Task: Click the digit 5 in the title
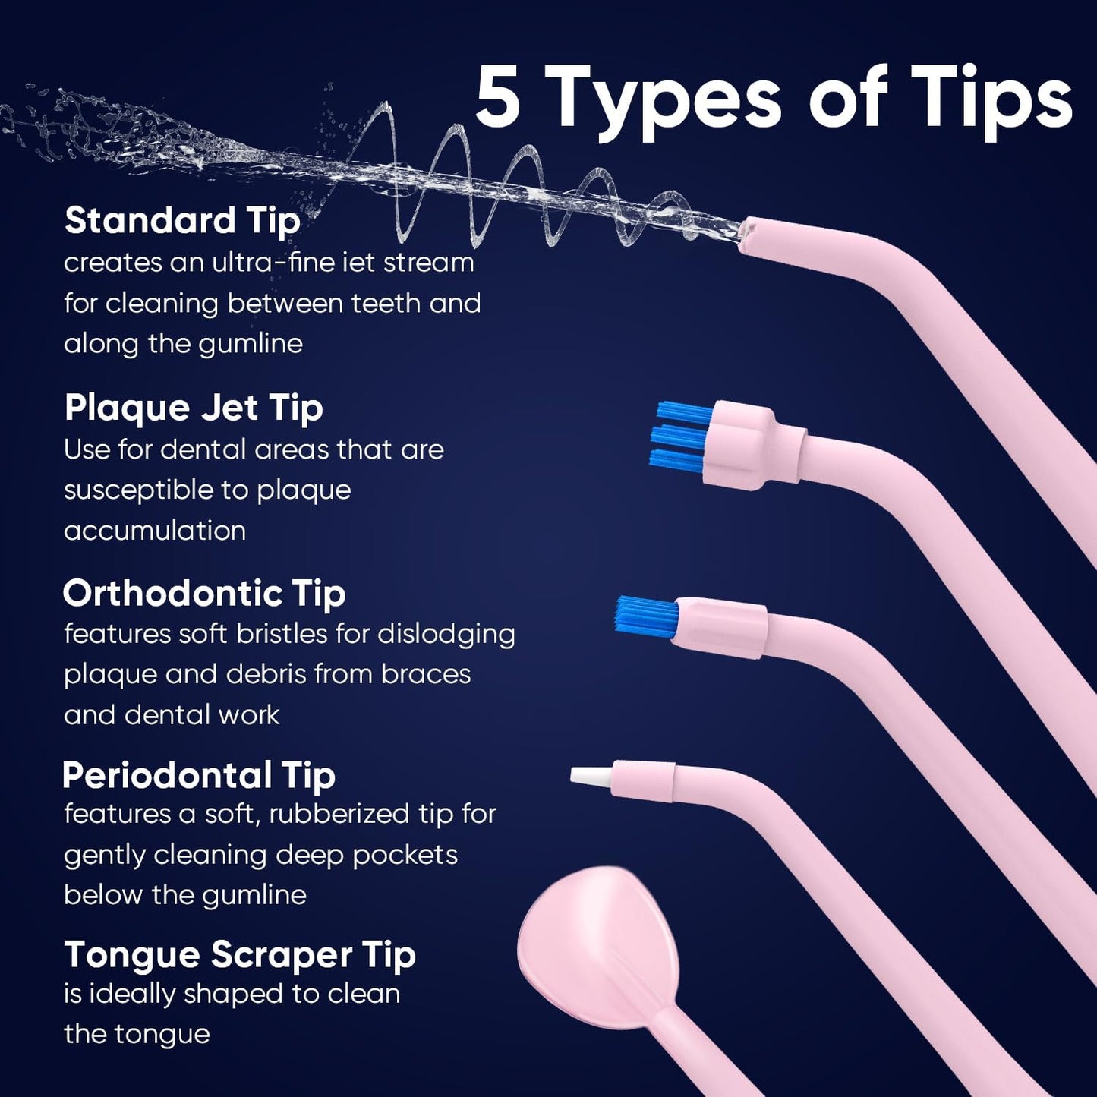pyautogui.click(x=499, y=97)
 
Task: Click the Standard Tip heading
pyautogui.click(x=182, y=221)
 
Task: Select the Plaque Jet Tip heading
pyautogui.click(x=194, y=408)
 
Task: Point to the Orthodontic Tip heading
pyautogui.click(x=203, y=594)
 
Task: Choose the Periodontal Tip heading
pyautogui.click(x=198, y=776)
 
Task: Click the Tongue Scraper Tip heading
pyautogui.click(x=239, y=955)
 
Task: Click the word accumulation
pyautogui.click(x=155, y=531)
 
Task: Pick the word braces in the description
pyautogui.click(x=426, y=674)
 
